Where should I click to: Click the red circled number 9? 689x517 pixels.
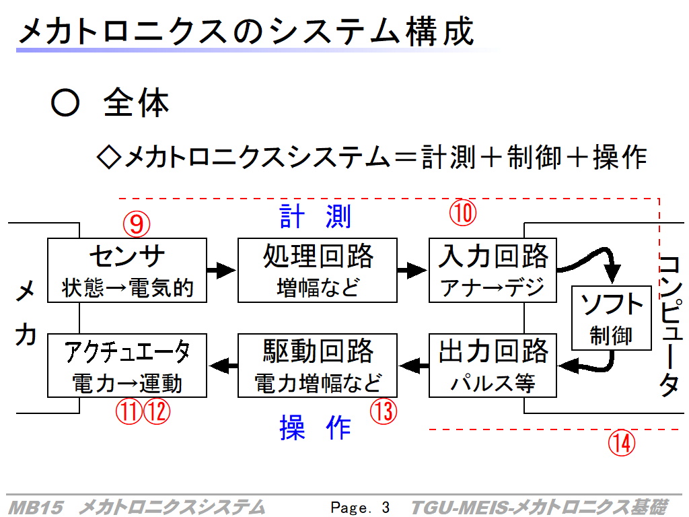tap(137, 224)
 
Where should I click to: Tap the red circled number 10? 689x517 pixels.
tap(463, 213)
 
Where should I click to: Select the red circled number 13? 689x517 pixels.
tap(384, 411)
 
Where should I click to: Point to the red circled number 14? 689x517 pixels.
tap(622, 443)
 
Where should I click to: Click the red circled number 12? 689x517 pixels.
tap(157, 411)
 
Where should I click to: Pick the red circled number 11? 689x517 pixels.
tap(129, 411)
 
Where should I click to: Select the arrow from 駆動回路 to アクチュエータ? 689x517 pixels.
tap(223, 366)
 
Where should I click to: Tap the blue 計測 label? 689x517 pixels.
tap(316, 216)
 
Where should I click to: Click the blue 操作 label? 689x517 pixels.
tap(316, 427)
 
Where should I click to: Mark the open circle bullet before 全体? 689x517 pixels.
tap(65, 102)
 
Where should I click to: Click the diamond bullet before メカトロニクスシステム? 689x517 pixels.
tap(108, 157)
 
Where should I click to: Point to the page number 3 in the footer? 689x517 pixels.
tap(386, 508)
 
